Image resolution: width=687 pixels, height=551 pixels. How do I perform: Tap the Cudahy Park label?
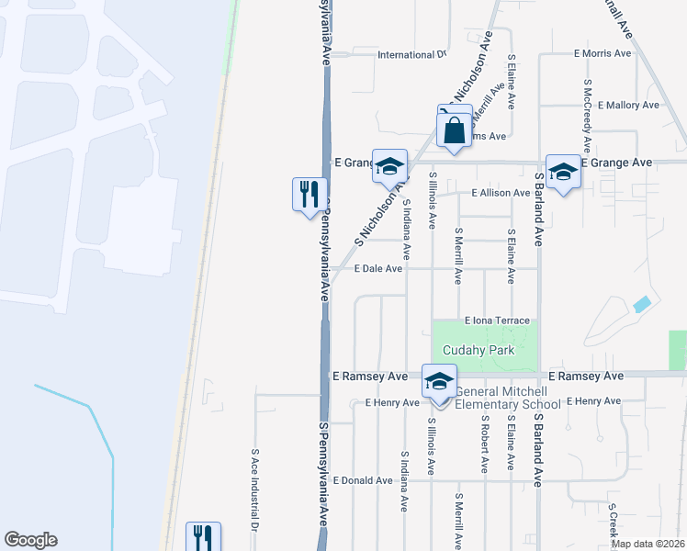478,351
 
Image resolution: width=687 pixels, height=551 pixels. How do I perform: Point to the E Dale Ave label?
379,269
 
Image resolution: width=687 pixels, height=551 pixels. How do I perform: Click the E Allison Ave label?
501,194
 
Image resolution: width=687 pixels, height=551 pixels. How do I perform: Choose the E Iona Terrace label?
499,320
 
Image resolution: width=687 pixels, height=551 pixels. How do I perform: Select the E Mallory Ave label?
628,106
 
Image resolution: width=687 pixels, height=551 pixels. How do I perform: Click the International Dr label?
411,55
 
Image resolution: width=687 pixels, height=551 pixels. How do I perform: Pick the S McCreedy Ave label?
586,115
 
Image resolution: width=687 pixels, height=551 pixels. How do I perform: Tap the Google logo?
30,540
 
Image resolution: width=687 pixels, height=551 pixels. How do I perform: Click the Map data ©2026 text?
646,544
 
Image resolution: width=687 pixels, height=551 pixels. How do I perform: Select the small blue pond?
642,303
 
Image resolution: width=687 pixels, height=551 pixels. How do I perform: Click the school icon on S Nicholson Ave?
389,167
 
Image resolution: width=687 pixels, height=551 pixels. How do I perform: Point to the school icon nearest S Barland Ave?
562,172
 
